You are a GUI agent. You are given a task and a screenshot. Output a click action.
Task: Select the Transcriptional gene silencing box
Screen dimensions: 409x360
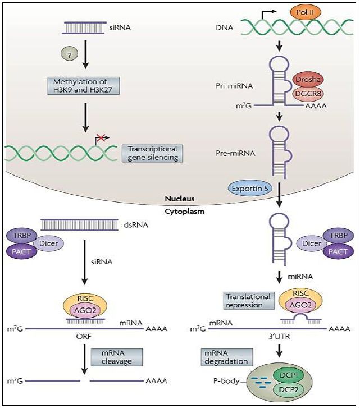(152, 153)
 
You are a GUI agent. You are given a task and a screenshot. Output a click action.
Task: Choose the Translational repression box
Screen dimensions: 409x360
(248, 301)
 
